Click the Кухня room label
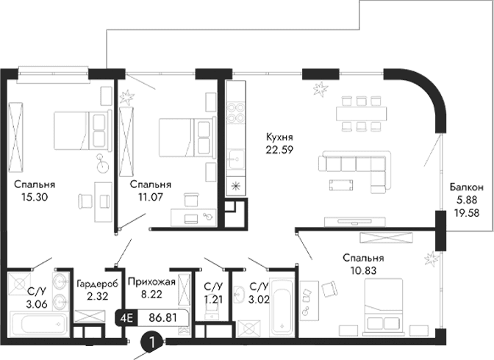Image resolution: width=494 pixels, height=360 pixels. pyautogui.click(x=280, y=137)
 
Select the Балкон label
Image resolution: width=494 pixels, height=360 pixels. pyautogui.click(x=467, y=187)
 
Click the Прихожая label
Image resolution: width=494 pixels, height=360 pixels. pyautogui.click(x=151, y=281)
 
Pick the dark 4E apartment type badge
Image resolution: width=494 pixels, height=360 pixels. pyautogui.click(x=126, y=319)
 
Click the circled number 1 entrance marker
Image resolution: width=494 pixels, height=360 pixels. pyautogui.click(x=152, y=341)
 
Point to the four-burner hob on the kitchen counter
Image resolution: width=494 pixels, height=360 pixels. pyautogui.click(x=236, y=113)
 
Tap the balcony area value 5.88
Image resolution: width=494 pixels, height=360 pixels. pyautogui.click(x=467, y=200)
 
